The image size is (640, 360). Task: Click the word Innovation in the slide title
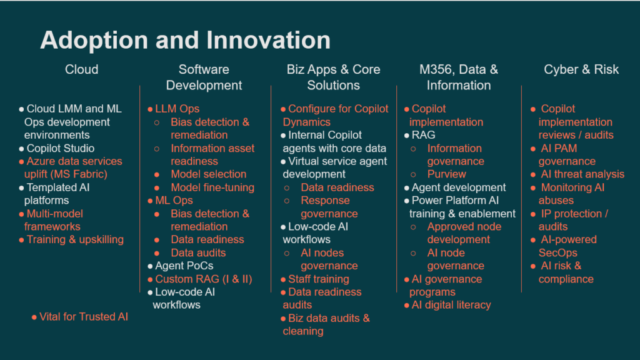268,40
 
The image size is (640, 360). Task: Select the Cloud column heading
82,69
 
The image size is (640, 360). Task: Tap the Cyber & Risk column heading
581,69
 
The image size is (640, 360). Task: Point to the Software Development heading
204,77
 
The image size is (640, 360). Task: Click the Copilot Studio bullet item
61,148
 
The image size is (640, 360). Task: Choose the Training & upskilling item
75,239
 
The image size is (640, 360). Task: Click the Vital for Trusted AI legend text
84,317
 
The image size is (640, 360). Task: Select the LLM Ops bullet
177,109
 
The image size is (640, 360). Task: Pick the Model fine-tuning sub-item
212,187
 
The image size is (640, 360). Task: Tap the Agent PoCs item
184,266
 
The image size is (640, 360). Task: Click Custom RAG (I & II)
204,279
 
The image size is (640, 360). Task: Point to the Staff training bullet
319,279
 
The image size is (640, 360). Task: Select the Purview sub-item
446,174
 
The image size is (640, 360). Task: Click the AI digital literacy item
451,305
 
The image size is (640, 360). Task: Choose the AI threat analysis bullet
582,174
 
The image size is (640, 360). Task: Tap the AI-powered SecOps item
567,246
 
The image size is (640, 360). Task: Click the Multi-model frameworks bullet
54,220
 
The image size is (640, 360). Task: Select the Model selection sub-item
209,174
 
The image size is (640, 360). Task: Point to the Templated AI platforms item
57,194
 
